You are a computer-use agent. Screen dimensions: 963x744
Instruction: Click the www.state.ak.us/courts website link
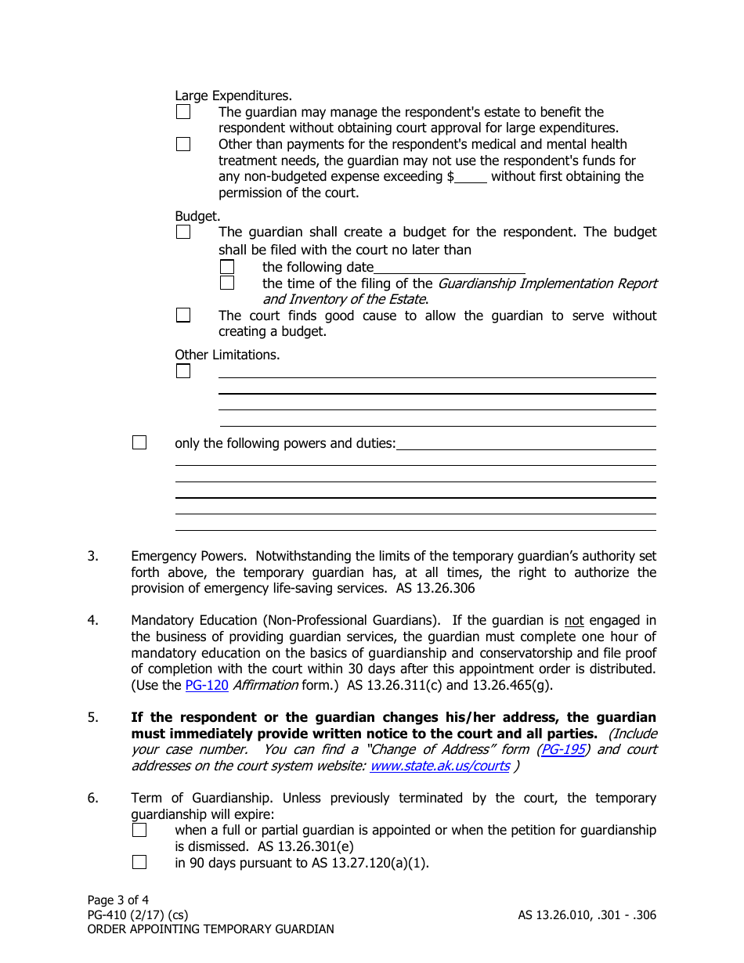pos(439,766)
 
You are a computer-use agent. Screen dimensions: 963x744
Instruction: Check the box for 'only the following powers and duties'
pos(139,443)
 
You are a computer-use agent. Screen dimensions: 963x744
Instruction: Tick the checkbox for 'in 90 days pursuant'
pos(139,863)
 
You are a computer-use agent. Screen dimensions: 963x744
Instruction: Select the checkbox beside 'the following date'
pos(227,267)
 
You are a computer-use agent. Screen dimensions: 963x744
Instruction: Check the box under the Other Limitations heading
pos(183,371)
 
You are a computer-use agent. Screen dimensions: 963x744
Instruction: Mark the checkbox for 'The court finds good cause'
pos(183,316)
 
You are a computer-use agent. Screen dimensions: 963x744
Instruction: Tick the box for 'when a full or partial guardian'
pos(139,830)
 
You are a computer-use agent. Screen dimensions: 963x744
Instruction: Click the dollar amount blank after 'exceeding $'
pos(471,177)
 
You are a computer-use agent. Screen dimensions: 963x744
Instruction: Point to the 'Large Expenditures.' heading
pos(233,96)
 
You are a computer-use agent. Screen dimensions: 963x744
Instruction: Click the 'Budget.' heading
pos(197,215)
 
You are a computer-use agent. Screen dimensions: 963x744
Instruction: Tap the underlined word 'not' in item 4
pos(574,621)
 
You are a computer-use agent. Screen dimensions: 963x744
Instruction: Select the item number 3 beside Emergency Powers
pos(92,556)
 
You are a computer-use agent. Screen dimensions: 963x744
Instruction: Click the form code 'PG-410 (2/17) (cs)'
pos(138,914)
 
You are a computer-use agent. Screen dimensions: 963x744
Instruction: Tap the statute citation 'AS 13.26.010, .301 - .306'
pos(587,914)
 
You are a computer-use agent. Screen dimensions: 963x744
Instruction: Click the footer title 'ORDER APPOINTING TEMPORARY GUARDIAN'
pos(211,929)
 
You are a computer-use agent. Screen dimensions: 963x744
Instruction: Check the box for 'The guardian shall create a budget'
pos(183,232)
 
